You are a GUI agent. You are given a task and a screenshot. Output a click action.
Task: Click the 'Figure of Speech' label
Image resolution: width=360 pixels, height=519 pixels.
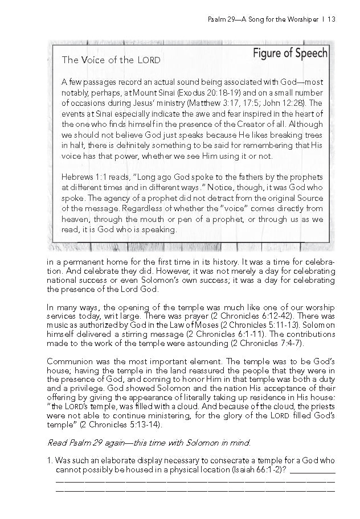pyautogui.click(x=289, y=53)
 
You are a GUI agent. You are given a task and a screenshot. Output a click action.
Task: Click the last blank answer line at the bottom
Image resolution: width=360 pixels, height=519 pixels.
pyautogui.click(x=194, y=489)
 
